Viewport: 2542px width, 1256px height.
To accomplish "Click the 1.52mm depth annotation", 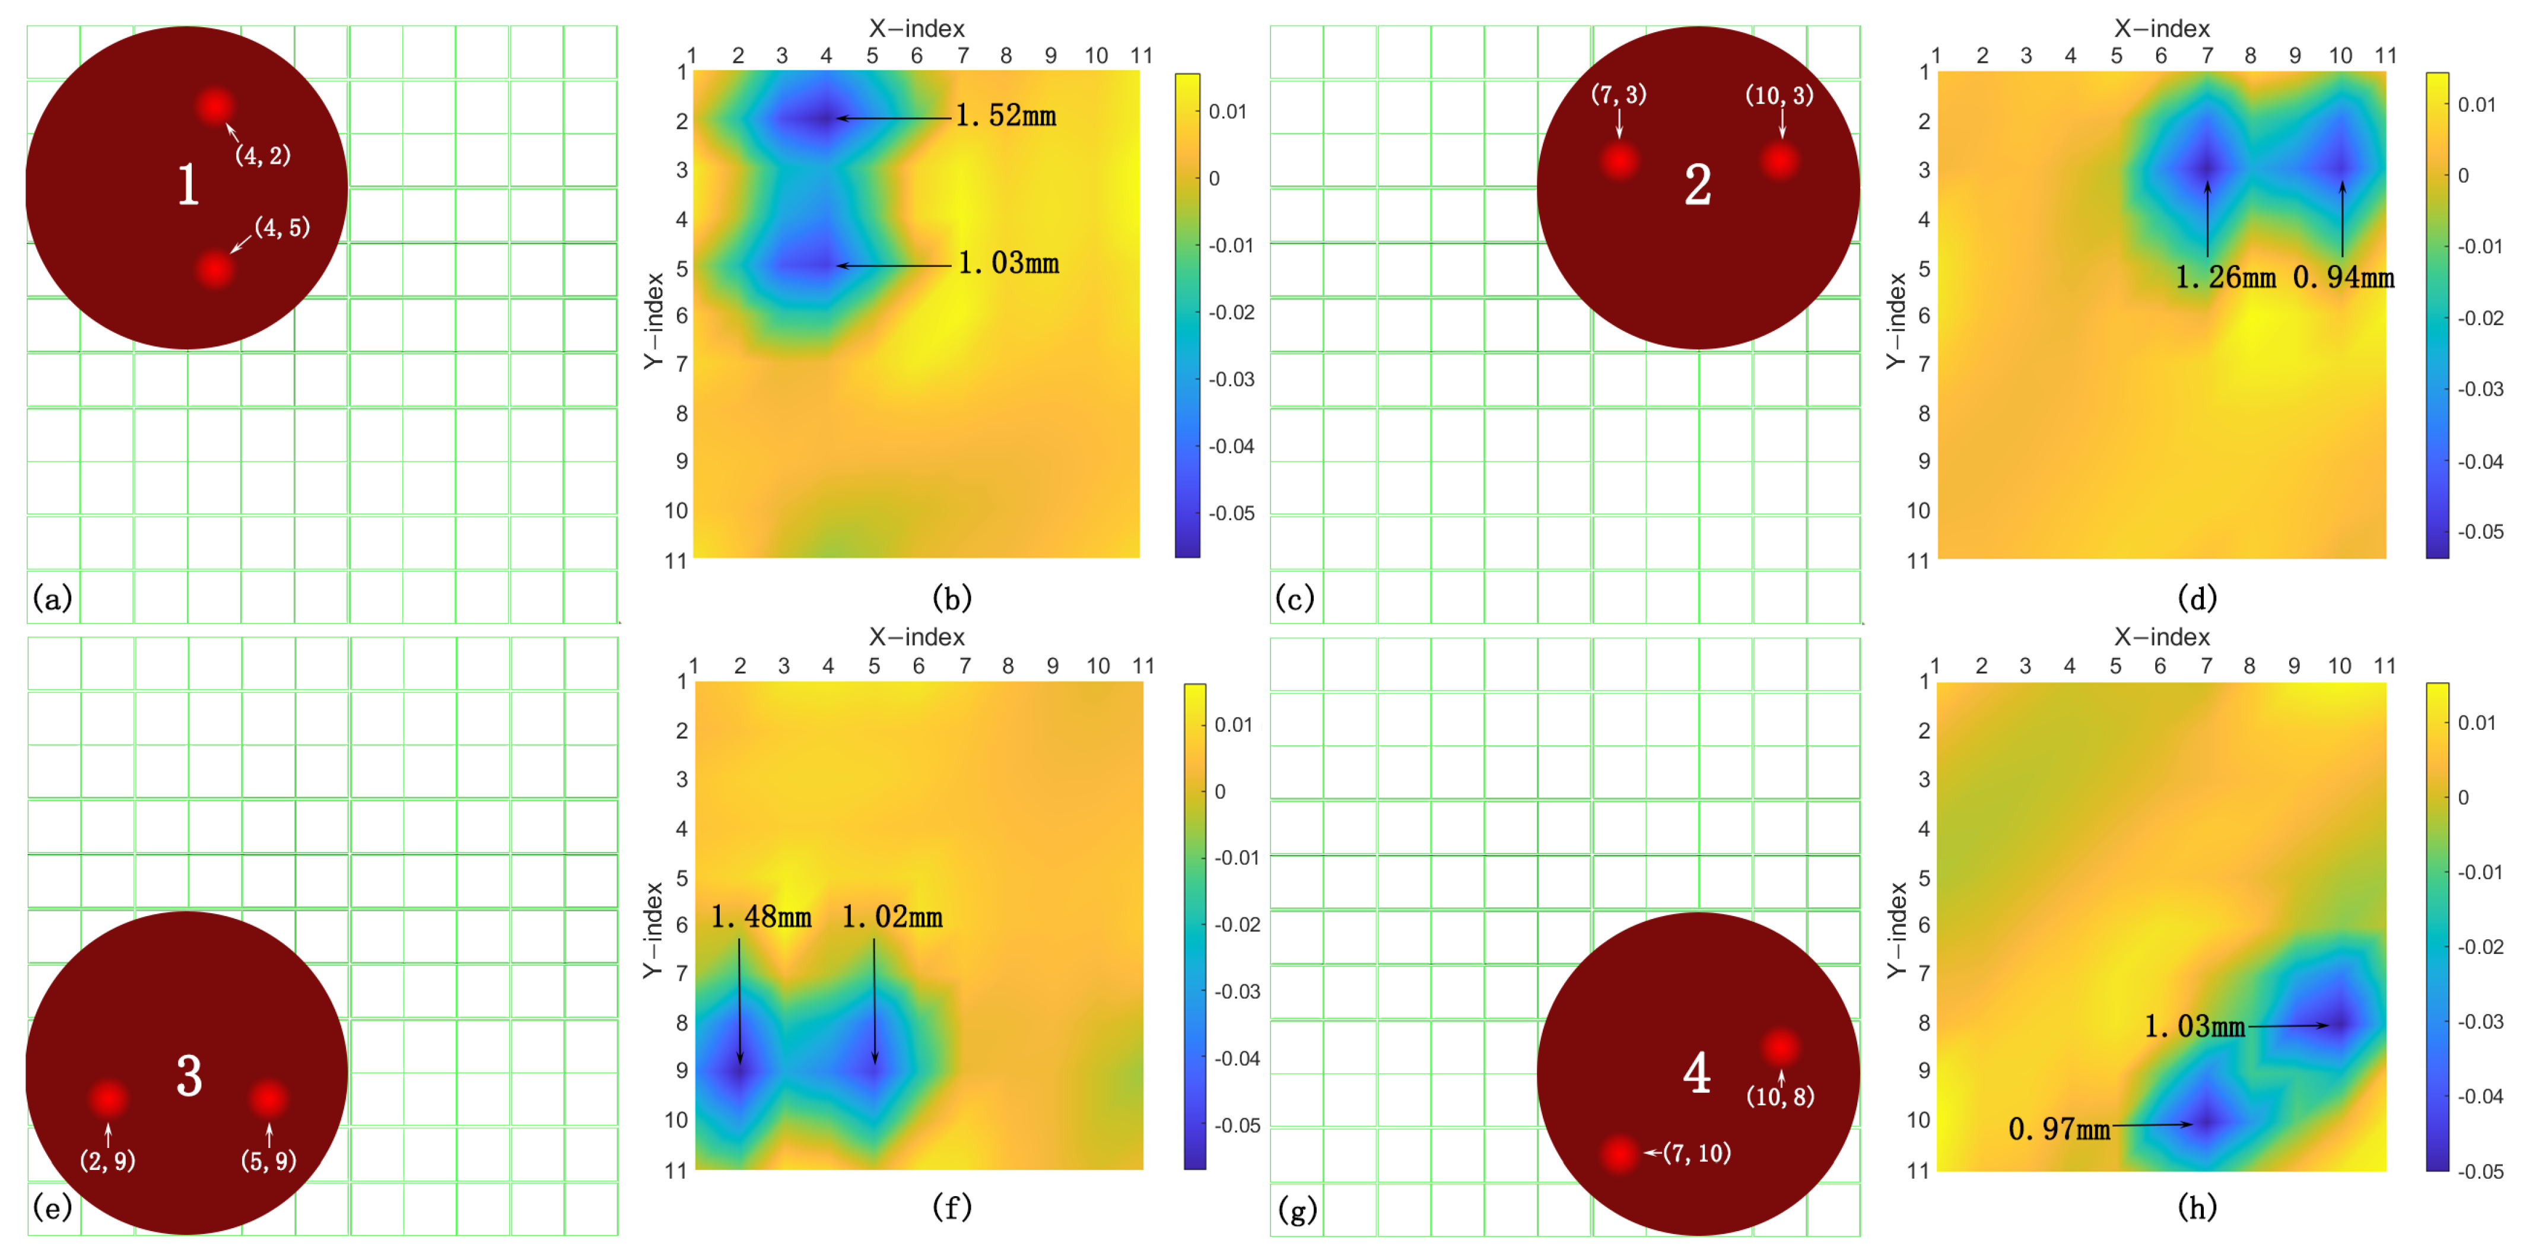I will (x=1006, y=116).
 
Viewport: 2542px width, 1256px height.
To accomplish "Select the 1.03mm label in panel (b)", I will (x=1009, y=263).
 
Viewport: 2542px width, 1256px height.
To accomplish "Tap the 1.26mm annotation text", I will (x=2225, y=277).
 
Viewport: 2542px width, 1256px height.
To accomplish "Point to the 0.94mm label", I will (x=2344, y=277).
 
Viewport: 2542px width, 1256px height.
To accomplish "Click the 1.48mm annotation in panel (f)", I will (x=761, y=918).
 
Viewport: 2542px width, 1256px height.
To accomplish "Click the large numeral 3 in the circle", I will (x=189, y=1076).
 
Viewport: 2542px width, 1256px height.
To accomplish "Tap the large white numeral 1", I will (x=188, y=185).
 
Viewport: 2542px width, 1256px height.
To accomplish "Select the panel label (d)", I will (x=2197, y=598).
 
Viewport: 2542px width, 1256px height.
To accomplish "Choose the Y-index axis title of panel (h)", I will (x=1896, y=930).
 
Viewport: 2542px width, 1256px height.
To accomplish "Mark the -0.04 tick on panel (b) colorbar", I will (x=1231, y=447).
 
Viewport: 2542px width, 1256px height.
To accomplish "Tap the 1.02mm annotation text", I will (x=891, y=918).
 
